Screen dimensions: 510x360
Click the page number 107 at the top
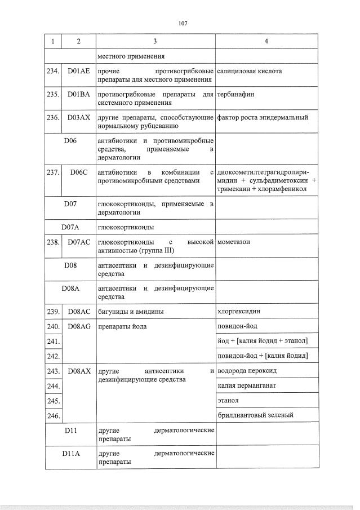pyautogui.click(x=181, y=24)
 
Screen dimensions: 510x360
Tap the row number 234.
pyautogui.click(x=53, y=72)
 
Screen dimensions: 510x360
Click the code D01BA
pyautogui.click(x=78, y=95)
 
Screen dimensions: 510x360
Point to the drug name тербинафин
pyautogui.click(x=235, y=95)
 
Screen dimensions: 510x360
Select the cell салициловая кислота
pyautogui.click(x=250, y=72)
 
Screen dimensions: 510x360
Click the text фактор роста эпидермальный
pyautogui.click(x=263, y=118)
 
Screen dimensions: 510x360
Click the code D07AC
pyautogui.click(x=78, y=242)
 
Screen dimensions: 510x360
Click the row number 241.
pyautogui.click(x=53, y=342)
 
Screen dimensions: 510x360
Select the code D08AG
pyautogui.click(x=78, y=326)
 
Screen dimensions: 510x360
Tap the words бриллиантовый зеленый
pyautogui.click(x=255, y=415)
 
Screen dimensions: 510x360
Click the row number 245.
pyautogui.click(x=53, y=401)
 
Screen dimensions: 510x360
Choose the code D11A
pyautogui.click(x=70, y=453)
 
